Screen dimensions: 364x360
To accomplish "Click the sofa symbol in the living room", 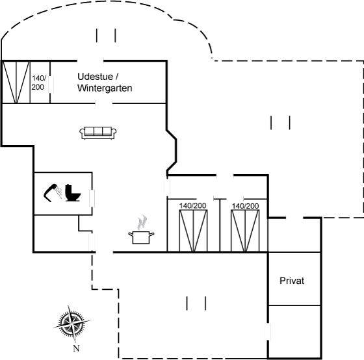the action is pos(98,133).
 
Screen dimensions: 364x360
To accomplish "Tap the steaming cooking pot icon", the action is pos(141,232).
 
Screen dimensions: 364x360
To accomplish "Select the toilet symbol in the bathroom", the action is pos(73,192).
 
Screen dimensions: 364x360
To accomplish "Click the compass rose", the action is pos(72,324).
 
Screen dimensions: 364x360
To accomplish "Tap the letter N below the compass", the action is pos(77,348).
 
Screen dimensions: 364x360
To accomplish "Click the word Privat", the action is pos(292,281).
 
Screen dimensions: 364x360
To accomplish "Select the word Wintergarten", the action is pos(105,88).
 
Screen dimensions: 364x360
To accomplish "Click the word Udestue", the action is pos(95,77).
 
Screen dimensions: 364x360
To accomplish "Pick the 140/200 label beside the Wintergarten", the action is pos(38,83).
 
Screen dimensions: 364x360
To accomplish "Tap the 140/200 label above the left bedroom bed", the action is pos(192,205).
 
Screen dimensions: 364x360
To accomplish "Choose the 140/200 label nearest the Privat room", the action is pos(246,206).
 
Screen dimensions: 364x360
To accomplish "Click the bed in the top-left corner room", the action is pos(16,82).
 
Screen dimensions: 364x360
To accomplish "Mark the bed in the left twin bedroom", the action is pos(194,231).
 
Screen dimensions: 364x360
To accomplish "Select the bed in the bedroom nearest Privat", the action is pos(245,231).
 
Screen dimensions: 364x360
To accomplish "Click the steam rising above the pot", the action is pos(142,222).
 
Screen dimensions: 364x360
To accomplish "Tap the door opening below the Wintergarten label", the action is pos(104,103).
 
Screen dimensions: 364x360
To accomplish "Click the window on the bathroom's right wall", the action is pos(92,198).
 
